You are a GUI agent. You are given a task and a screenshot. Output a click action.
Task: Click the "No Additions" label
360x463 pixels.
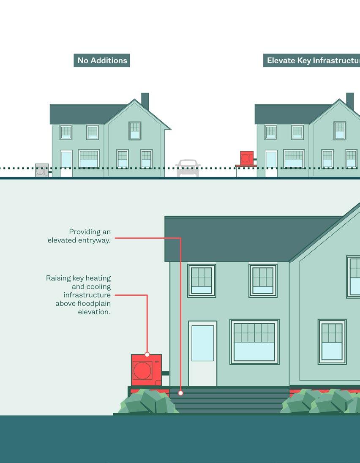pyautogui.click(x=102, y=60)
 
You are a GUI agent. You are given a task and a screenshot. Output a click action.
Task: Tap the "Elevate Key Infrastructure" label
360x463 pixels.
pyautogui.click(x=312, y=60)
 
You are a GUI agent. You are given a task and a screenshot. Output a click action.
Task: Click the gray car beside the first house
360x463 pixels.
pyautogui.click(x=188, y=168)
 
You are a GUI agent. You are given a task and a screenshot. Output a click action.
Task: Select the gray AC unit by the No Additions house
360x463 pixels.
pyautogui.click(x=41, y=170)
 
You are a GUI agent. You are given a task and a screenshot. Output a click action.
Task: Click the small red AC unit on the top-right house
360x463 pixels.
pyautogui.click(x=246, y=158)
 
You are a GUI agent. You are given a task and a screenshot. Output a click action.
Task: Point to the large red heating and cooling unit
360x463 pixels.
pyautogui.click(x=146, y=370)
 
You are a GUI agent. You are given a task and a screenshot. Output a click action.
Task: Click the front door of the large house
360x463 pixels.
pyautogui.click(x=202, y=353)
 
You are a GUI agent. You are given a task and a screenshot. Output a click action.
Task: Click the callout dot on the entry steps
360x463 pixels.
pyautogui.click(x=180, y=393)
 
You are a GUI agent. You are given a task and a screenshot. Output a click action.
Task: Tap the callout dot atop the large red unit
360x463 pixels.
pyautogui.click(x=147, y=354)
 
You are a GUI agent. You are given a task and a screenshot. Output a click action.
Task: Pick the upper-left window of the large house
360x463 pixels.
pyautogui.click(x=202, y=281)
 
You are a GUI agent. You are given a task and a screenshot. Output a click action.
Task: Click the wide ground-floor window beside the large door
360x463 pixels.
pyautogui.click(x=254, y=342)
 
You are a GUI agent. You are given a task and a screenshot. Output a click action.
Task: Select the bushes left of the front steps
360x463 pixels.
pyautogui.click(x=148, y=402)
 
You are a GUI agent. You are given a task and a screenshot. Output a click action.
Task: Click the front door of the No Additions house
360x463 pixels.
pyautogui.click(x=66, y=163)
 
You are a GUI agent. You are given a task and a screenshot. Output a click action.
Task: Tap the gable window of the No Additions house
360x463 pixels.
pyautogui.click(x=135, y=131)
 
